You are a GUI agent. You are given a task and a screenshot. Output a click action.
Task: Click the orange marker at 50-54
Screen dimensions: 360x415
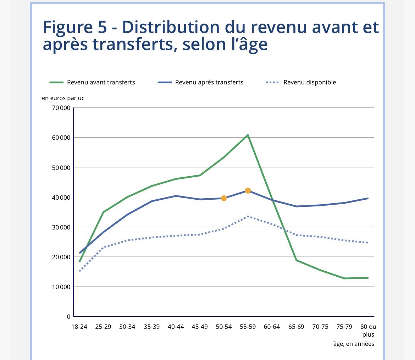pos(224,198)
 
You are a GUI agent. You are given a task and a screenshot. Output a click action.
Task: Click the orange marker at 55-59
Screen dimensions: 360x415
pos(248,190)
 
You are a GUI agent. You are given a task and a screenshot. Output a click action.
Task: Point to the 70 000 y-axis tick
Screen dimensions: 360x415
pos(61,108)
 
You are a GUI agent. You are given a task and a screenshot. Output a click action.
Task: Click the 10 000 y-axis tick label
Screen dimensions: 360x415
pos(61,287)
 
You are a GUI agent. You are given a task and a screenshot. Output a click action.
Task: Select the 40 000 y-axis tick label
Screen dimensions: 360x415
pos(61,197)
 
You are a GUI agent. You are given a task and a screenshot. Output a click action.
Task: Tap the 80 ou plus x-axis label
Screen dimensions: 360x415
pos(368,330)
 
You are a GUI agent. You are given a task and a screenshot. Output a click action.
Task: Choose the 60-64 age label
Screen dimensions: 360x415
pos(272,327)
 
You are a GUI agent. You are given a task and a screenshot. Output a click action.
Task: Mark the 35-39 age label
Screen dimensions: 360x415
pos(151,327)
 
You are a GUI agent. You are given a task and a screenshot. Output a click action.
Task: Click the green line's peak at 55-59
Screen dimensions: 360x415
pos(248,135)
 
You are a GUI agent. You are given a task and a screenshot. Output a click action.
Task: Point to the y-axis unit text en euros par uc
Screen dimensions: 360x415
pos(63,98)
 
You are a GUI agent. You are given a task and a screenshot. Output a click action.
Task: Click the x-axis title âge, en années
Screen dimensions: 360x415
pos(354,344)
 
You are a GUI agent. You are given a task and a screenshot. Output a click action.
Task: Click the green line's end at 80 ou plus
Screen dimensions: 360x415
pos(368,278)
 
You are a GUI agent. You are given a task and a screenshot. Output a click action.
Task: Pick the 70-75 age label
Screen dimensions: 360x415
pos(320,327)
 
